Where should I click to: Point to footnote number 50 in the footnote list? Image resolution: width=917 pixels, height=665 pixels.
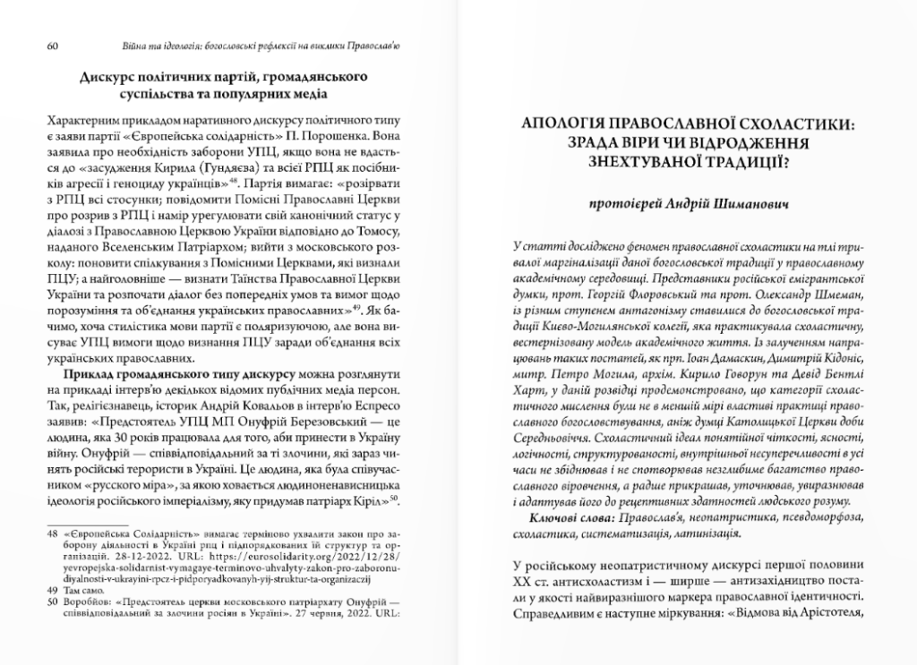tap(50, 602)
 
